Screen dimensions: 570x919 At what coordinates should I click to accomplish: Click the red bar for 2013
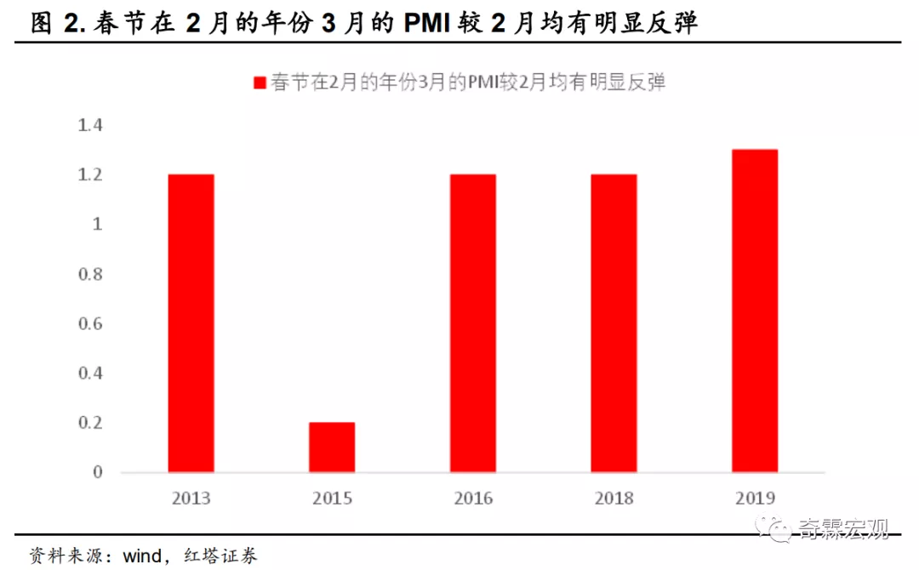pyautogui.click(x=191, y=323)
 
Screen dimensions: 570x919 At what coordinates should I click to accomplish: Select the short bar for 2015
pyautogui.click(x=332, y=447)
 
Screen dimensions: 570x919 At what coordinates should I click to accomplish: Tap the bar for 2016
pyautogui.click(x=473, y=323)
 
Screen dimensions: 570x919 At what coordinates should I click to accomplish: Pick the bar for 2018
pyautogui.click(x=614, y=323)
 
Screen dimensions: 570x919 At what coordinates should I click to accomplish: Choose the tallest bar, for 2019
pyautogui.click(x=755, y=311)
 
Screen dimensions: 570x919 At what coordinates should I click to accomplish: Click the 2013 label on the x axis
pyautogui.click(x=191, y=499)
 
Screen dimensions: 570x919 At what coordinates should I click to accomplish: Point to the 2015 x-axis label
pyautogui.click(x=332, y=499)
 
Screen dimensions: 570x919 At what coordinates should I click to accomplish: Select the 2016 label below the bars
pyautogui.click(x=473, y=499)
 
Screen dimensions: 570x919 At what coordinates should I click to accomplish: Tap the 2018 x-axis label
pyautogui.click(x=614, y=499)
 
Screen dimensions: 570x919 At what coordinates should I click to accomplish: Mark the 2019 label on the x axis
pyautogui.click(x=755, y=499)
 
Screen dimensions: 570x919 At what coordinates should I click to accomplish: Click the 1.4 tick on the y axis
pyautogui.click(x=89, y=126)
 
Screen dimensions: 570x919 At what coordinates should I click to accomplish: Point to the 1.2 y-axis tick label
pyautogui.click(x=89, y=175)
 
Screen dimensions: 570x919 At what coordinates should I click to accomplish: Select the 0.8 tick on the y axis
pyautogui.click(x=89, y=275)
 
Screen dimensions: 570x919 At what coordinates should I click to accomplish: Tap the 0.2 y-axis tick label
pyautogui.click(x=89, y=423)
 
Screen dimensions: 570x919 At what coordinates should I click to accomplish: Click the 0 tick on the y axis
pyautogui.click(x=97, y=472)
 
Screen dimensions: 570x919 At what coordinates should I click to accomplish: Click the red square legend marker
pyautogui.click(x=260, y=83)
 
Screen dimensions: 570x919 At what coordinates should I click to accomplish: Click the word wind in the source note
pyautogui.click(x=142, y=556)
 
